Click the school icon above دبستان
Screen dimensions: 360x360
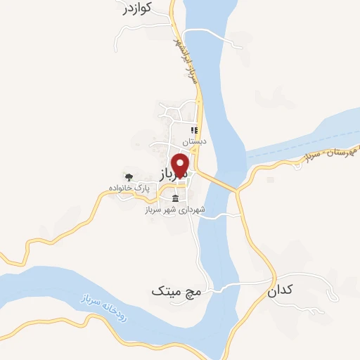(x=194, y=129)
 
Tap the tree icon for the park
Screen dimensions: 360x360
(x=128, y=176)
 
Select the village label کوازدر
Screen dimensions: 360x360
(x=136, y=9)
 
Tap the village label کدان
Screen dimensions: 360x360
(x=281, y=290)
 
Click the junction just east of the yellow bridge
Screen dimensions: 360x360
(x=238, y=191)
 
